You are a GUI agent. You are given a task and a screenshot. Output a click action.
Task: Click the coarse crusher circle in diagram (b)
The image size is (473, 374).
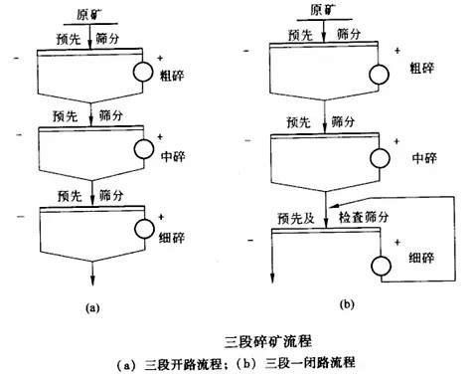(378, 74)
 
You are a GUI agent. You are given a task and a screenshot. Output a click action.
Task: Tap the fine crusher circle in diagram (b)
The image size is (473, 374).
(378, 267)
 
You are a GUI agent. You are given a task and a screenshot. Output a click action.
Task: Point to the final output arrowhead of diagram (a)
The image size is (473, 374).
(91, 282)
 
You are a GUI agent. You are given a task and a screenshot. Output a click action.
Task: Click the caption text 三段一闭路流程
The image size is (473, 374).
(316, 361)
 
